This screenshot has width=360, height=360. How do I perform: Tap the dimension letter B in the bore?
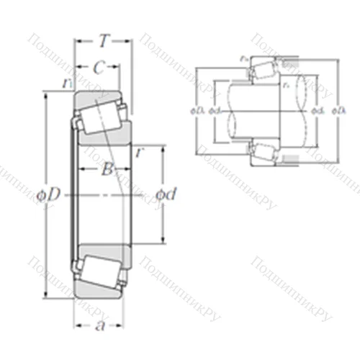106,170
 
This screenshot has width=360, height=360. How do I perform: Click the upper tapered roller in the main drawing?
102,114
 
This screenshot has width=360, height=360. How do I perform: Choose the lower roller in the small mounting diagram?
264,151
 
